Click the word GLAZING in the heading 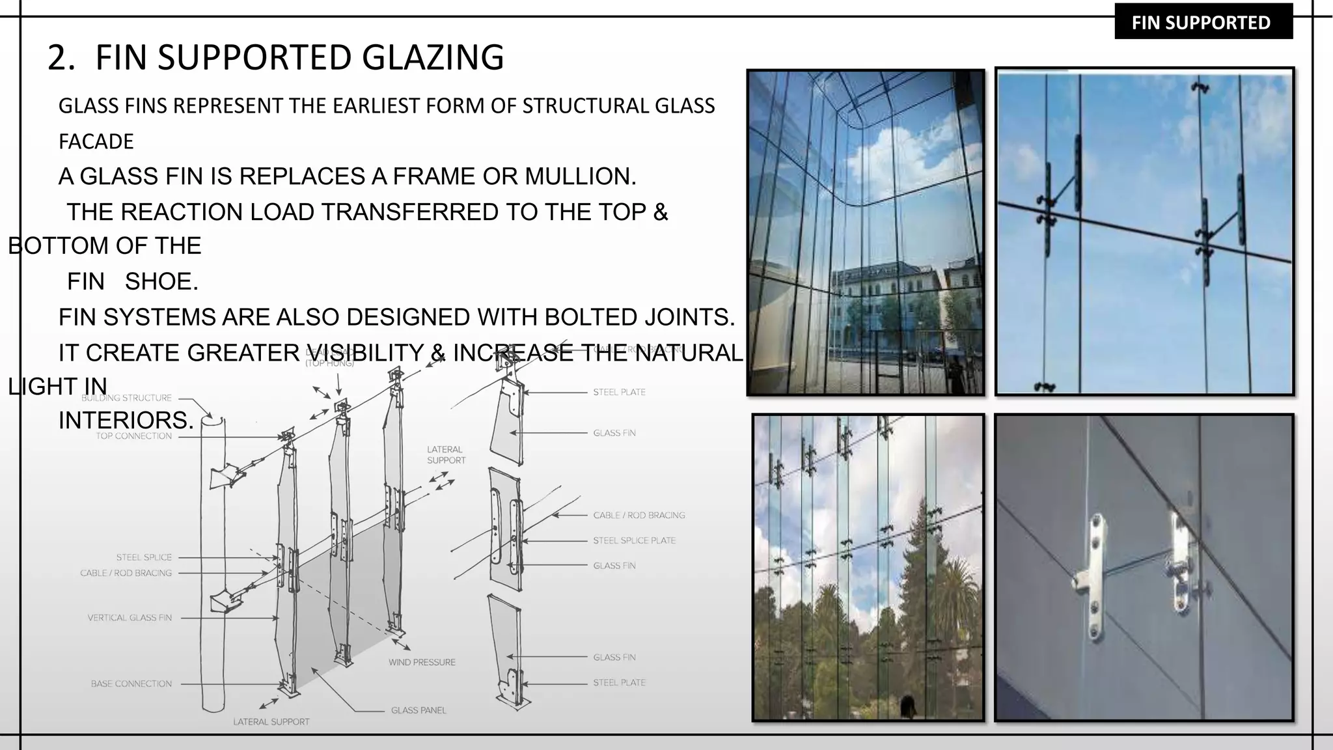[x=432, y=57]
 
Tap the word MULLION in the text [x=579, y=176]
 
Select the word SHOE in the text [x=160, y=282]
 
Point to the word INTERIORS [x=126, y=421]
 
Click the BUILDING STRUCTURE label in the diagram [x=126, y=398]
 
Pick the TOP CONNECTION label [x=133, y=436]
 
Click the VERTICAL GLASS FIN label [x=130, y=617]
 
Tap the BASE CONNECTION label [x=131, y=684]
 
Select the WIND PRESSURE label [x=422, y=662]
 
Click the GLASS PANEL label [x=419, y=710]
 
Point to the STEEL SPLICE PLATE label [x=634, y=540]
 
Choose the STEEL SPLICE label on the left [x=144, y=557]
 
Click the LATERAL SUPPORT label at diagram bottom [x=271, y=721]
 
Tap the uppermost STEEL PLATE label [x=619, y=392]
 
